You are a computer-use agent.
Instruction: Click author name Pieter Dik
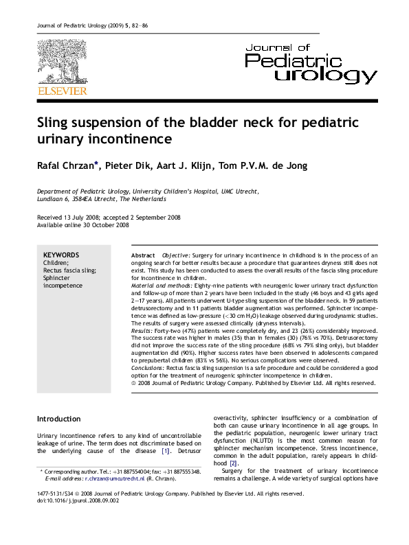[111, 166]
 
